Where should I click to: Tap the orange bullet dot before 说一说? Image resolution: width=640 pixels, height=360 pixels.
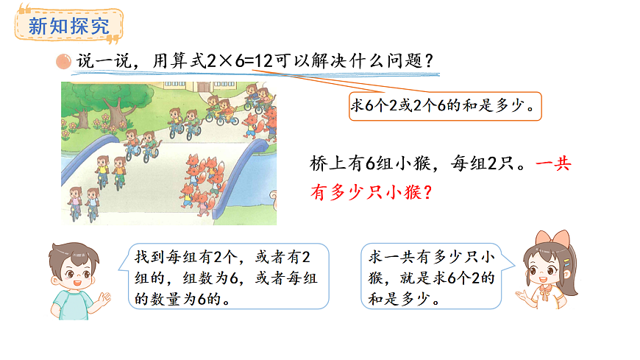65,62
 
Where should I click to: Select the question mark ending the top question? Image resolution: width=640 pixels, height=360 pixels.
433,62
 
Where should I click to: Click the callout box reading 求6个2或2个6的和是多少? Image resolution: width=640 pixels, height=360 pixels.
444,106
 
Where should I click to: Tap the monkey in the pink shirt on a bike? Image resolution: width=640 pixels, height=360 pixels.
74,200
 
